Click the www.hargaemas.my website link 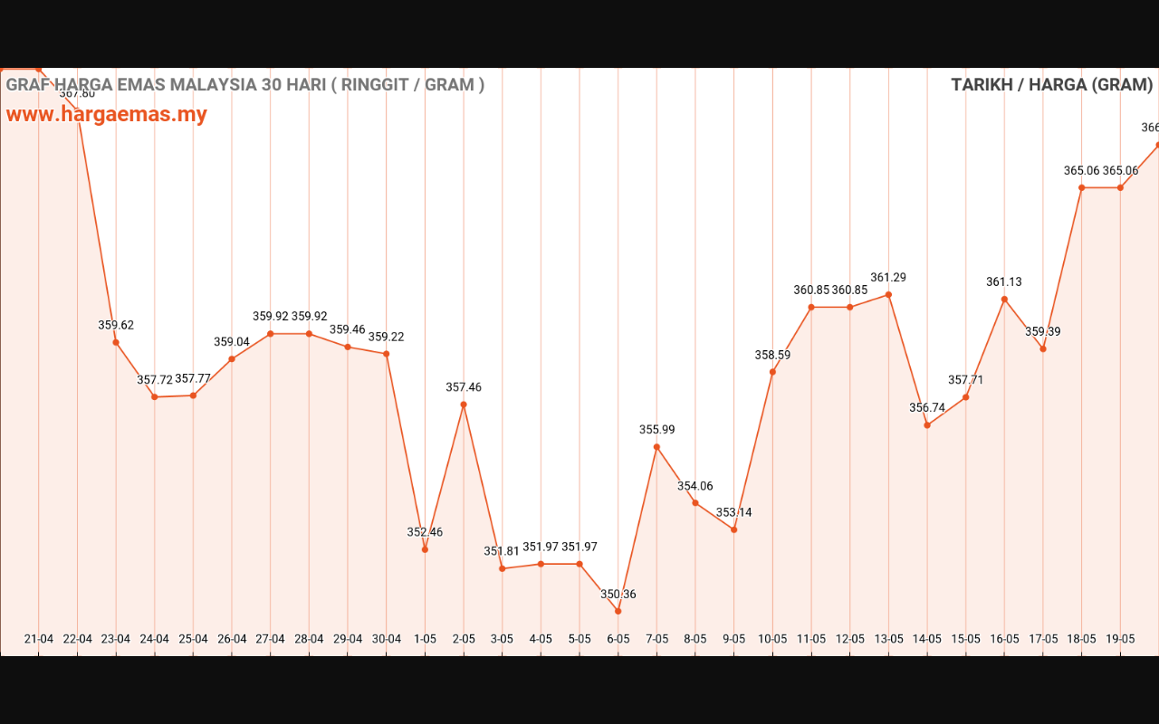tap(107, 115)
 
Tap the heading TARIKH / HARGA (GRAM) tap(1051, 85)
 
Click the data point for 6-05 tap(618, 611)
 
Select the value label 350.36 tap(618, 595)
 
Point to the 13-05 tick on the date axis tap(888, 639)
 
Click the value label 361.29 tap(888, 278)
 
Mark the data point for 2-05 tap(464, 405)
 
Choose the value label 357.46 tap(464, 387)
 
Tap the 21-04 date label tap(39, 639)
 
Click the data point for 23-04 tap(116, 342)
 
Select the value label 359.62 tap(116, 325)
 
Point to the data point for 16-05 tap(1004, 299)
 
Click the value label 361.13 tap(1004, 282)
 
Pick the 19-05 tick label tap(1120, 639)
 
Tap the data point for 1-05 tap(425, 549)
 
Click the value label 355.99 tap(657, 430)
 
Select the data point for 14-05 tap(927, 425)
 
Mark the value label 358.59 tap(772, 356)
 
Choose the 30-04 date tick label tap(387, 639)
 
